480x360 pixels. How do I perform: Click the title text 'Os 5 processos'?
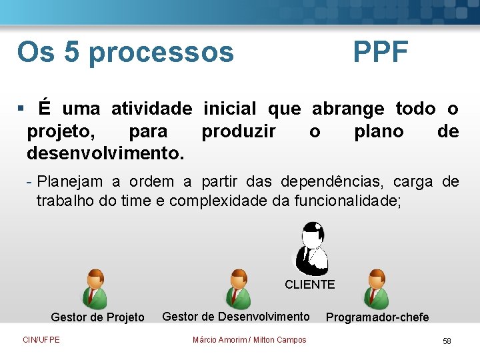point(125,52)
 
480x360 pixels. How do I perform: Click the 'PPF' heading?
point(381,52)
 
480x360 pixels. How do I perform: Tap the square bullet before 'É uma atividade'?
point(21,108)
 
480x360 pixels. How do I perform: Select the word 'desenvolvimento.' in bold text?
point(105,154)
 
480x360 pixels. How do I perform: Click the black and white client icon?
point(310,248)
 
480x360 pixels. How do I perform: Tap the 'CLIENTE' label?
point(309,285)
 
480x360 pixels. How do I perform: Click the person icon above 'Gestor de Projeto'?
point(97,289)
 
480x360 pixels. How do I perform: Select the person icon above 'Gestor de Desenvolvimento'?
point(237,289)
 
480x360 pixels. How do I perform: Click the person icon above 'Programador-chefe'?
point(377,289)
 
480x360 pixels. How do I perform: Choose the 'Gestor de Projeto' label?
point(97,317)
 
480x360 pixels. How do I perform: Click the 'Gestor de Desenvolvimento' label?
point(236,317)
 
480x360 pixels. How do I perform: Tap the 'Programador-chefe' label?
point(377,317)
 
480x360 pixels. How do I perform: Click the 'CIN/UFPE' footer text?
point(41,340)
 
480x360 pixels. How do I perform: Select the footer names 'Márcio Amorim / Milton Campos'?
point(249,340)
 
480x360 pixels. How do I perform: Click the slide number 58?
point(447,341)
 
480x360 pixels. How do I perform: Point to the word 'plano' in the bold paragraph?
point(379,131)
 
